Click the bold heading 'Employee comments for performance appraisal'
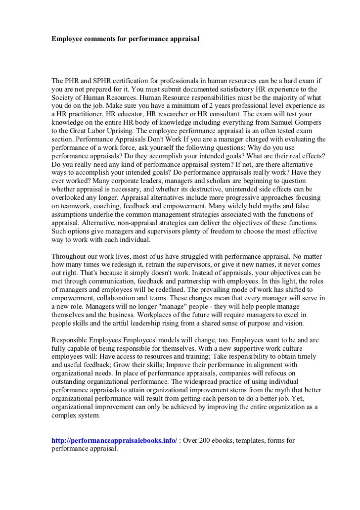click(x=126, y=38)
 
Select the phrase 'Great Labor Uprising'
click(x=92, y=130)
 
